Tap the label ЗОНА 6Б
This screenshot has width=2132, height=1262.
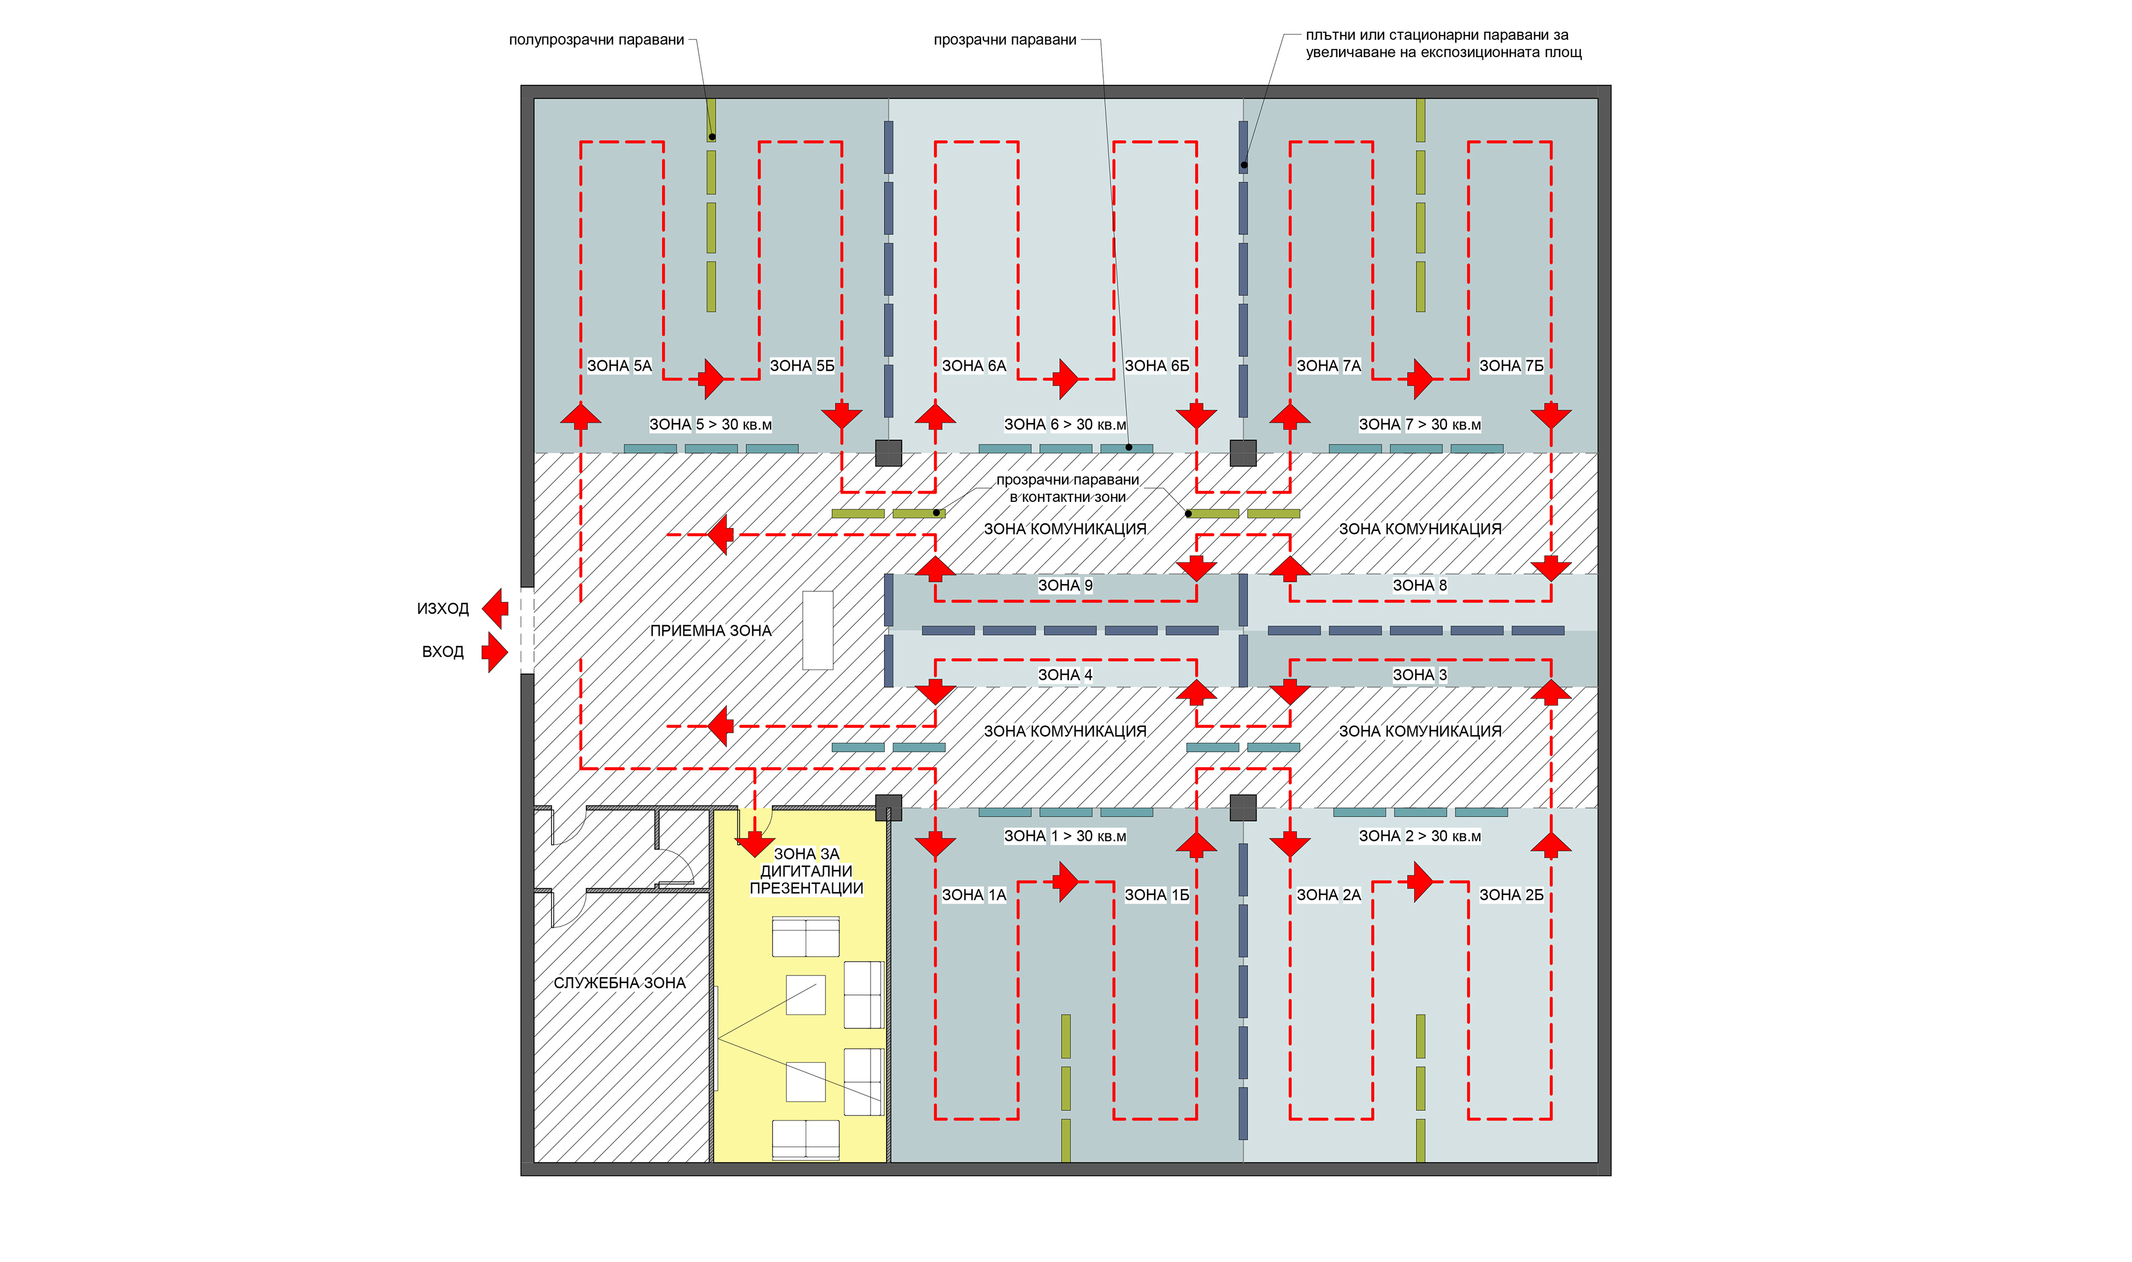click(1156, 366)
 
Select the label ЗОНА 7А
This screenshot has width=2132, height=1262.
click(1329, 366)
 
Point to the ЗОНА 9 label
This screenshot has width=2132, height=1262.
click(1065, 585)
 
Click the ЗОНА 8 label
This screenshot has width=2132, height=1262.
click(1419, 585)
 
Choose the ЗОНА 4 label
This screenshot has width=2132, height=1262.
click(1065, 675)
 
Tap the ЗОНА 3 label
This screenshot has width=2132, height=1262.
click(1419, 675)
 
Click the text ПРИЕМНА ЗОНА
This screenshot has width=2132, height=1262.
click(711, 631)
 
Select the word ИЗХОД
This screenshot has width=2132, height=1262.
click(443, 609)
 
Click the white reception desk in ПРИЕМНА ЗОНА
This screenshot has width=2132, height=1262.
click(817, 630)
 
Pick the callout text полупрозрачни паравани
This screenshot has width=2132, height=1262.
click(596, 40)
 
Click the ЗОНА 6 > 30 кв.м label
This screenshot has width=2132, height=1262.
click(1065, 424)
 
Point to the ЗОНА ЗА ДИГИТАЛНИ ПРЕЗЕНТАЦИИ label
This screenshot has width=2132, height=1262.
click(806, 871)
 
